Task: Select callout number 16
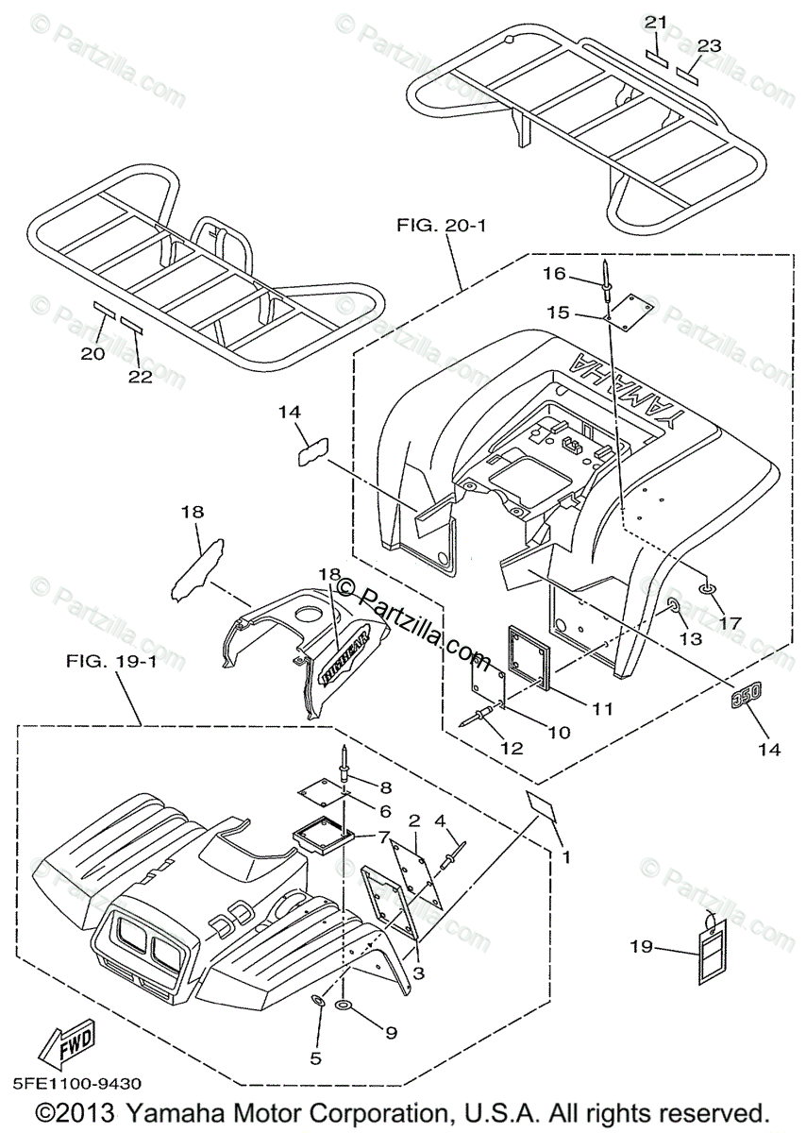click(x=554, y=274)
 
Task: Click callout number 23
click(x=709, y=44)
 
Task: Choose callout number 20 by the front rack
click(x=92, y=353)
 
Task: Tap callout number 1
click(x=566, y=858)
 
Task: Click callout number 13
click(x=691, y=639)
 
